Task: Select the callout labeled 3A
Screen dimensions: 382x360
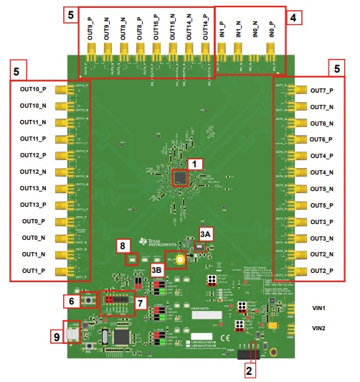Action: click(206, 233)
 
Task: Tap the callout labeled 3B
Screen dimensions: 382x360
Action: click(157, 269)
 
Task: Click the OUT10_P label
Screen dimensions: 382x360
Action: click(34, 90)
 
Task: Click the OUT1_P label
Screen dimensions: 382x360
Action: click(34, 271)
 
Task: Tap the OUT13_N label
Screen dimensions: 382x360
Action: click(34, 188)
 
